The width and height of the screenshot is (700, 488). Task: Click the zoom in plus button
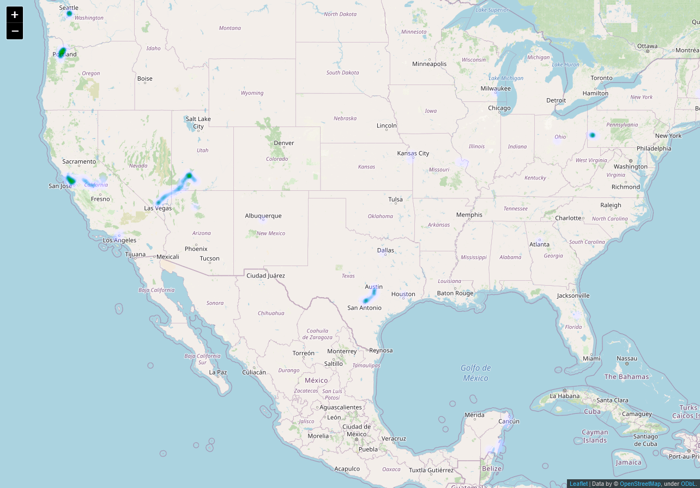(15, 15)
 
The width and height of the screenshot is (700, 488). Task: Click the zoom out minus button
(15, 31)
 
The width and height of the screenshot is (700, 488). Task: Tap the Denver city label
(284, 143)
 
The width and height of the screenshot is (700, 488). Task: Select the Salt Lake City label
(198, 123)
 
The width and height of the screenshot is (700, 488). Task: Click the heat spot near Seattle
(69, 13)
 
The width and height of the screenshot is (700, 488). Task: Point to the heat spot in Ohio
(592, 135)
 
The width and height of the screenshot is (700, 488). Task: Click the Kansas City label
(413, 153)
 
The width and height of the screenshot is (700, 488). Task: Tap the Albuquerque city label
(263, 216)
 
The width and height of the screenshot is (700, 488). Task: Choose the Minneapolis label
(429, 64)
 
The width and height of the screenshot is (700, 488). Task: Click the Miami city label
(591, 358)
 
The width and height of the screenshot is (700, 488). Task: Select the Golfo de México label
(476, 373)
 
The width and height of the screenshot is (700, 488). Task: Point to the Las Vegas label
(158, 208)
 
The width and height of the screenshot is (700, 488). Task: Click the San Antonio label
(364, 308)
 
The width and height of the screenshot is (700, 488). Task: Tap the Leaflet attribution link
(578, 484)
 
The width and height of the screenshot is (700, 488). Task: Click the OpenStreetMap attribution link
(640, 484)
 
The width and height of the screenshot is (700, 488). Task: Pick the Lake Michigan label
(506, 78)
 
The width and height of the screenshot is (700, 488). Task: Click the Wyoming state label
(252, 93)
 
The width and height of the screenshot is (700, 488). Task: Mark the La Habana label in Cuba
(564, 395)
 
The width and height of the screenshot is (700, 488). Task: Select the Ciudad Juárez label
(265, 275)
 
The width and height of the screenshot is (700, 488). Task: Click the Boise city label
(144, 79)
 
